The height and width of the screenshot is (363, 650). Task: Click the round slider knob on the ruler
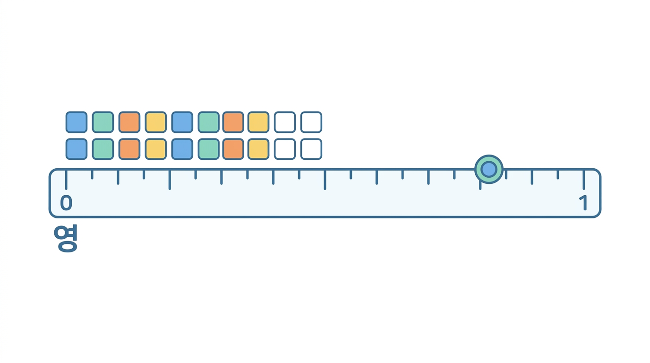coord(488,169)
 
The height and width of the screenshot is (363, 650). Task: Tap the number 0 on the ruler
coord(66,202)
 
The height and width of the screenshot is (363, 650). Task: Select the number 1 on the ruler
coord(583,202)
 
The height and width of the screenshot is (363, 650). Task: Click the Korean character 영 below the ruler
coord(66,238)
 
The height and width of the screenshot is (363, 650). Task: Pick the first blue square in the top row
coord(77,122)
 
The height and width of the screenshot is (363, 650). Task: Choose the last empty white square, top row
coord(311,122)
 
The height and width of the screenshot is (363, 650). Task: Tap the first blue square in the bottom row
coord(77,149)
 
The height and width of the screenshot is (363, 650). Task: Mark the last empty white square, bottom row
coord(311,149)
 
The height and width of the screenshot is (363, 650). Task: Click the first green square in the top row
coord(103,122)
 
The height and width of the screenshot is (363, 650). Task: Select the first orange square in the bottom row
coord(129,149)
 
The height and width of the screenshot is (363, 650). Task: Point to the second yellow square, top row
coord(258,122)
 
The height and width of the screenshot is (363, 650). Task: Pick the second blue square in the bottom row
coord(182,149)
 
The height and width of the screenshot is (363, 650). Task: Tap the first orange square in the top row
coord(129,122)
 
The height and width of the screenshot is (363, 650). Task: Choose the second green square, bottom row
coord(209,149)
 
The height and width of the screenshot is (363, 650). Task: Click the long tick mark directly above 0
coord(66,180)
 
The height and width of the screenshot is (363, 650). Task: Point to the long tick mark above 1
coord(584,180)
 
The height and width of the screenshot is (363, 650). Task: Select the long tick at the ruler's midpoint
coord(325,180)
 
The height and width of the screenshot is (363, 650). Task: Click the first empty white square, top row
coord(285,122)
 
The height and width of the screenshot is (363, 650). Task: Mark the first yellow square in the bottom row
coord(156,149)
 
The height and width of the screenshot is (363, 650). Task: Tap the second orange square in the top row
coord(233,122)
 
